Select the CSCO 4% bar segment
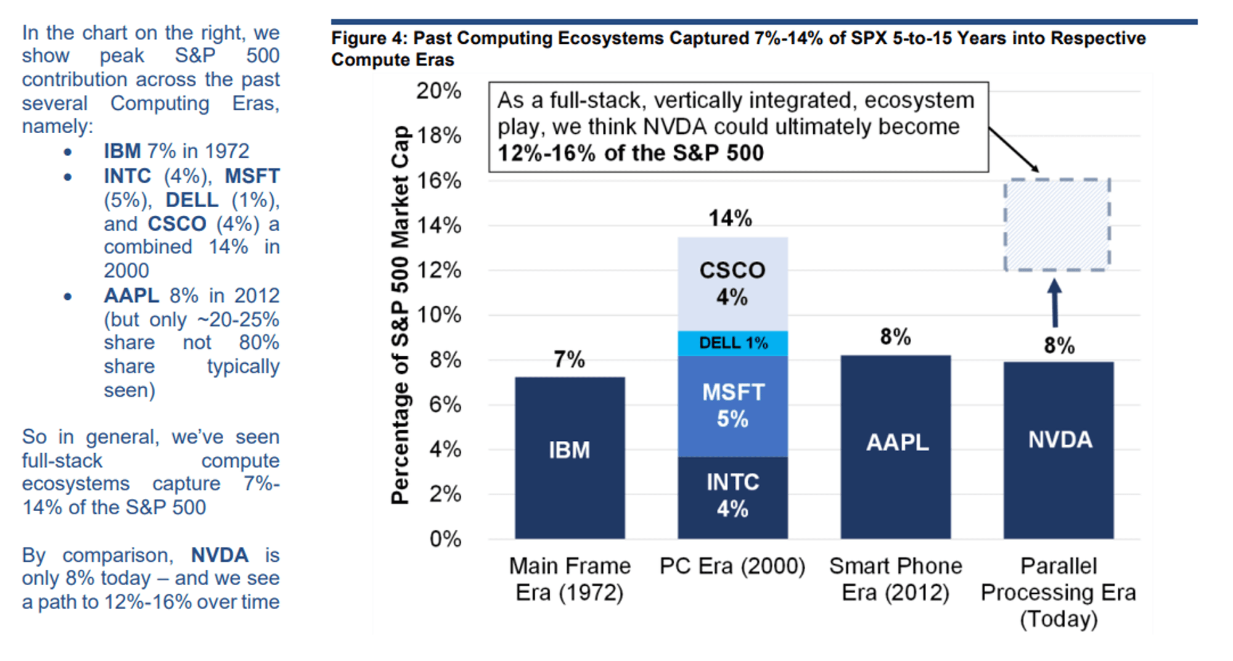(732, 284)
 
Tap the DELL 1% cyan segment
(732, 343)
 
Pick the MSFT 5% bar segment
(732, 406)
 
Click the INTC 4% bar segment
(732, 496)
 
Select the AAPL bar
(895, 446)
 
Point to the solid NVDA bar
(1059, 450)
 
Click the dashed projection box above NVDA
(1057, 225)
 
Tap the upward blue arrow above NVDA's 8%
(1055, 302)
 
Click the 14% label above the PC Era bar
(730, 218)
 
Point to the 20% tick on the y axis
(438, 91)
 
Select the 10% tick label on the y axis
(438, 315)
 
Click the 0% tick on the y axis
(445, 539)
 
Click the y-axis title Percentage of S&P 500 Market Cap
(401, 314)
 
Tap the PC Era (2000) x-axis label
(732, 566)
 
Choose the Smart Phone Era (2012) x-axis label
(895, 579)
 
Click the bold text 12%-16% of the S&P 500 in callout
(630, 153)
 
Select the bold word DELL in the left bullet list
(192, 200)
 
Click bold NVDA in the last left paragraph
(219, 555)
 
